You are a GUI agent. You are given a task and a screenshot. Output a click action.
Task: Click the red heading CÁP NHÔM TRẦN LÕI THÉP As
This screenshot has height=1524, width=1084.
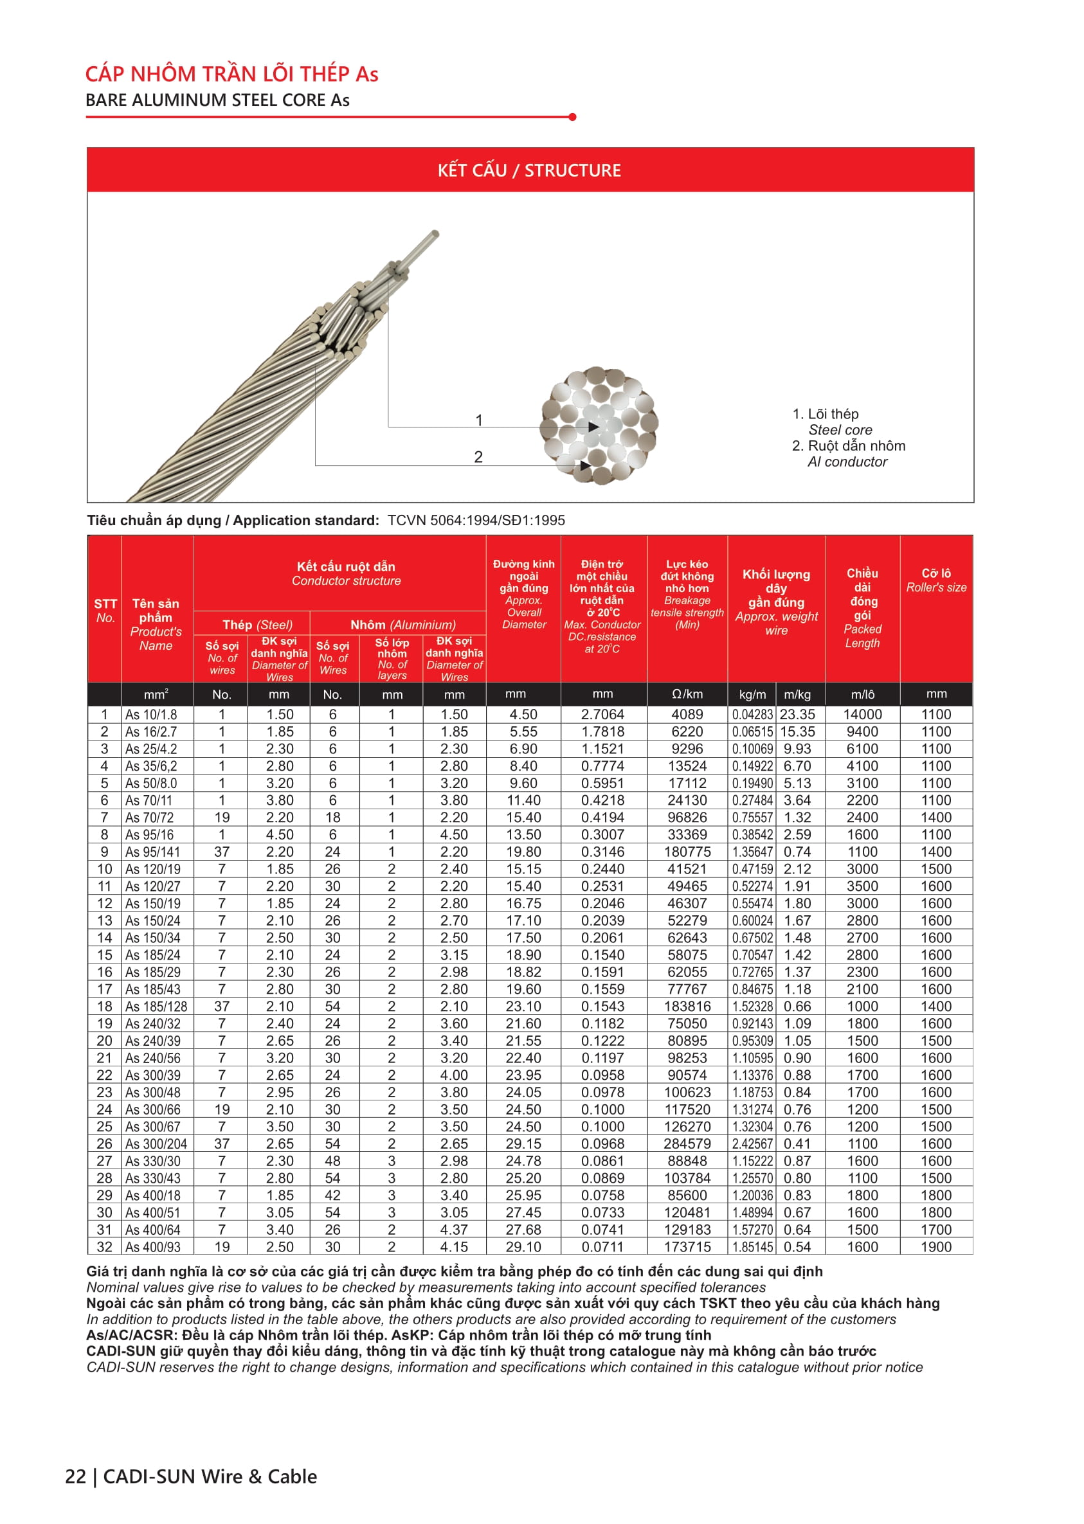point(231,74)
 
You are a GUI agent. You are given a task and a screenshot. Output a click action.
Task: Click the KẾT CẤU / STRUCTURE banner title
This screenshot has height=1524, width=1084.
point(529,171)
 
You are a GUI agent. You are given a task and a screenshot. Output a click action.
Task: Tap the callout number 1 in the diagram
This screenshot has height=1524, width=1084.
point(478,420)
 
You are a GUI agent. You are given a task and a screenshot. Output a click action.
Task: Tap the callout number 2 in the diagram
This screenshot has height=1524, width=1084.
point(478,457)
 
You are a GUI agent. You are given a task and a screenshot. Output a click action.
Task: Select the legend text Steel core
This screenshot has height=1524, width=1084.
point(840,431)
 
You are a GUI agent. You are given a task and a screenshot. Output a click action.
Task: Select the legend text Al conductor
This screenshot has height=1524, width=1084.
point(847,462)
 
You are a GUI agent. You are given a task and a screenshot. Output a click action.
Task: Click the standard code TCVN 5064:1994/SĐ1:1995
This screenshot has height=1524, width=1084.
point(476,521)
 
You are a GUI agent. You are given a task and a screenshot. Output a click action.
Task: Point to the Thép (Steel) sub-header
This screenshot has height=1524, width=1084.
point(257,625)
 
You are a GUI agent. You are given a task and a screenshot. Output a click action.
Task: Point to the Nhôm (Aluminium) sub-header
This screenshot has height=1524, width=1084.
point(403,625)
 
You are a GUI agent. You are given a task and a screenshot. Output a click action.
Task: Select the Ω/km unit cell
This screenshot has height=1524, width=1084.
point(687,694)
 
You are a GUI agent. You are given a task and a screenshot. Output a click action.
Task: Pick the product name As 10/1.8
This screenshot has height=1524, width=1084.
point(152,715)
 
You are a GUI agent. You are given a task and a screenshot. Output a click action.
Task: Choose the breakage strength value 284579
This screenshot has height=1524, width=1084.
point(687,1144)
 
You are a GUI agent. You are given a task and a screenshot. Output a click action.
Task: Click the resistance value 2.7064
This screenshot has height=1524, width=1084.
point(602,715)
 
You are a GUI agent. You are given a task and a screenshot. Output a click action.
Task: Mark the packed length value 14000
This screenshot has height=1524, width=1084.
point(862,715)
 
